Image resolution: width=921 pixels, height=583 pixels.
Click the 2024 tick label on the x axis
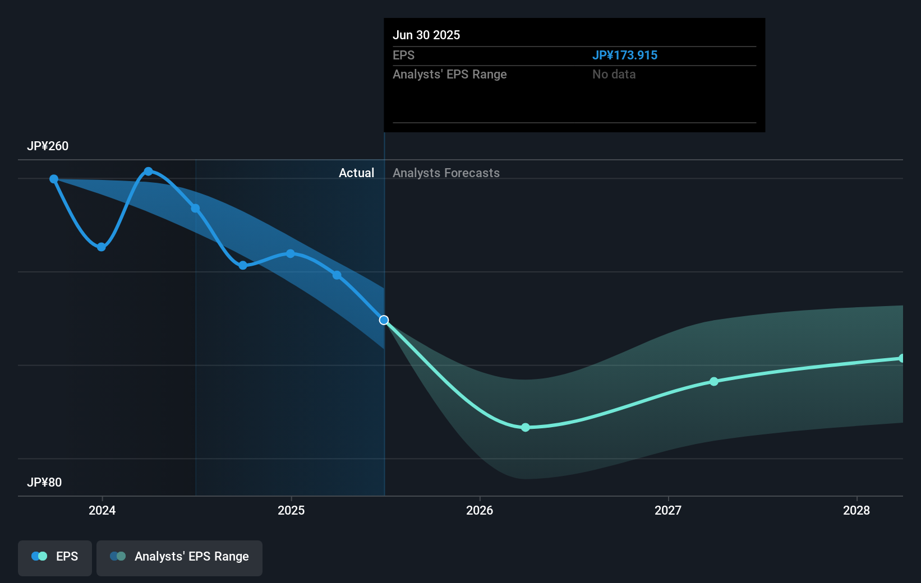coord(102,510)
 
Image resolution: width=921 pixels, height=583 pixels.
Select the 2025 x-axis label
coord(291,510)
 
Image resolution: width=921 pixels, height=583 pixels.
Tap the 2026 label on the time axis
coord(480,510)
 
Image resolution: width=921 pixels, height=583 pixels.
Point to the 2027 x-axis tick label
coord(668,510)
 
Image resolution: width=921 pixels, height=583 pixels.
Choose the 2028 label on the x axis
coord(856,510)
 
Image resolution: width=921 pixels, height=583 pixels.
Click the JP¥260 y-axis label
coord(48,146)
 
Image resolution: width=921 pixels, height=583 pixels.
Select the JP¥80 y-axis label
coord(44,483)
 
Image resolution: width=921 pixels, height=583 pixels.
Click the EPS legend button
coord(55,557)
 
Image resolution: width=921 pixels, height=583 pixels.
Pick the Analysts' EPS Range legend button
coord(179,557)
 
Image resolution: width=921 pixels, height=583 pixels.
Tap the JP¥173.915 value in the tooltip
coord(625,55)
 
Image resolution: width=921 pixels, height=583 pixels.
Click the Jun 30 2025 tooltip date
coord(426,35)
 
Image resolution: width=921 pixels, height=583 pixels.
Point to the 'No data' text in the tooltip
coord(614,75)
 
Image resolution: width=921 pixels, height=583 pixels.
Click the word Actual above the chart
coord(356,173)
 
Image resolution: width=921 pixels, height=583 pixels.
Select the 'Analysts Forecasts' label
coord(446,173)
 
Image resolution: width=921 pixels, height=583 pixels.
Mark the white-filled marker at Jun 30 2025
coord(384,320)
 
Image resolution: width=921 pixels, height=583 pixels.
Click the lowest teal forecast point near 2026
coord(526,428)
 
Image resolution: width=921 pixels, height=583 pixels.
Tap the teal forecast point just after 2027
coord(714,382)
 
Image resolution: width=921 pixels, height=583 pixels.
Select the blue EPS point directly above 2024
coord(102,247)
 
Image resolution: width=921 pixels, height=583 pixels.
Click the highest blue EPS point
coord(148,172)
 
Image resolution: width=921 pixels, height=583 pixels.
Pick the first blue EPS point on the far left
coord(54,179)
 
